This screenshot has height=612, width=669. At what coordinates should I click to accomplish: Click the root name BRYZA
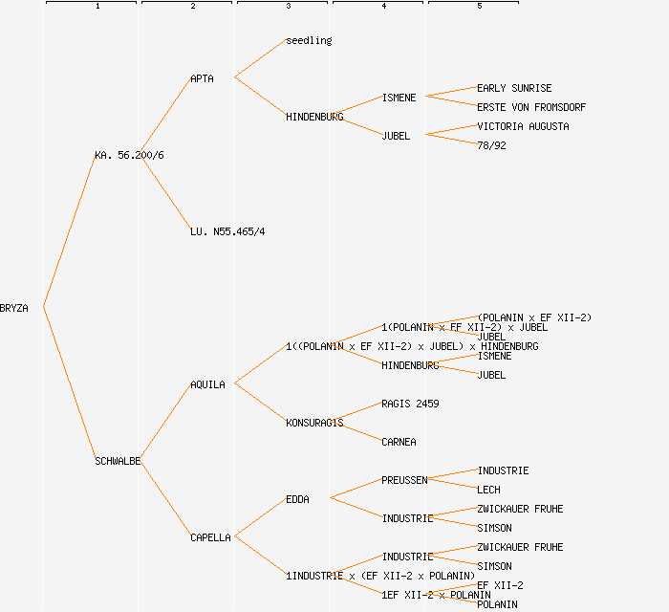tap(14, 308)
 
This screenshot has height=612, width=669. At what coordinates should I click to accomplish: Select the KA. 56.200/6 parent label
tap(129, 155)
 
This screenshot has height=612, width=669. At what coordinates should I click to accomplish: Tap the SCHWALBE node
tap(118, 461)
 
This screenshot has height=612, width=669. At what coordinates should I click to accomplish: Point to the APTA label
tap(202, 78)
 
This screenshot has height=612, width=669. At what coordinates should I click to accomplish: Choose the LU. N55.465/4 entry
tap(227, 231)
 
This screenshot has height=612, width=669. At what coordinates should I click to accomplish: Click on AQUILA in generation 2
tap(207, 384)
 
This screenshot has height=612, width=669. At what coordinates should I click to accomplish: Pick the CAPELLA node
tap(210, 537)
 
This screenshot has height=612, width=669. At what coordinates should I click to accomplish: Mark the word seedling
tap(309, 40)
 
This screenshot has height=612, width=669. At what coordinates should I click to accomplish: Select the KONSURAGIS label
tap(314, 423)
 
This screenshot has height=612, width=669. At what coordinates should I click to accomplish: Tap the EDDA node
tap(297, 499)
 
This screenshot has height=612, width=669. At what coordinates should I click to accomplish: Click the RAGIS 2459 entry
tap(410, 404)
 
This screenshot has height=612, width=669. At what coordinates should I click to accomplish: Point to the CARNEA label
tap(399, 442)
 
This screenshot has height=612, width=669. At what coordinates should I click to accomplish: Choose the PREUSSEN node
tap(404, 480)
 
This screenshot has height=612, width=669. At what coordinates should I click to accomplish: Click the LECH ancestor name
tap(488, 490)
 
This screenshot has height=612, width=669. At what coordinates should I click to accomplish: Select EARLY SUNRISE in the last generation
tap(514, 88)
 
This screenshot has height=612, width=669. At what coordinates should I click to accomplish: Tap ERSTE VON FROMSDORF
tap(531, 107)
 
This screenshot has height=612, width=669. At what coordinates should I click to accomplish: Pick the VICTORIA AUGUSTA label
tap(523, 126)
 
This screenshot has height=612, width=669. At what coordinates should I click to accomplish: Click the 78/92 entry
tap(491, 145)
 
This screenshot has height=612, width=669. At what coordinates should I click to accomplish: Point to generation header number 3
tap(288, 7)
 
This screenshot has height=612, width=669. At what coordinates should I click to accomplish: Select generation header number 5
tap(479, 7)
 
